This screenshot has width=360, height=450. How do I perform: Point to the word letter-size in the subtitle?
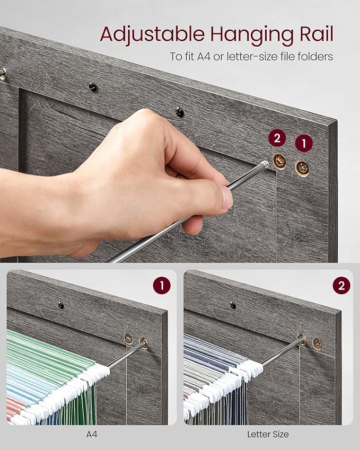tap(260, 56)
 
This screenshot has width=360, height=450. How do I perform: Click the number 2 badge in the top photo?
tap(277, 139)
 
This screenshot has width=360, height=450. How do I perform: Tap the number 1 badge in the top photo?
tap(304, 143)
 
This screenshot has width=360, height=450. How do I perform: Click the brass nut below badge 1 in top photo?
tap(303, 167)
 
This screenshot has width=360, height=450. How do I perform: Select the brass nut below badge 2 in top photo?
tap(279, 161)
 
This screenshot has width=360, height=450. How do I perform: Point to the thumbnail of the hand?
tap(226, 197)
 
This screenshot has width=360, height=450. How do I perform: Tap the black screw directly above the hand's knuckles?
tap(180, 111)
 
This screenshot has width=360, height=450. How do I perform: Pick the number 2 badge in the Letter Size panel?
tap(341, 286)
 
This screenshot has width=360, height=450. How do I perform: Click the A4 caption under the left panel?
tap(91, 434)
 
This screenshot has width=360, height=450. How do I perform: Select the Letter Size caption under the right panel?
tap(268, 434)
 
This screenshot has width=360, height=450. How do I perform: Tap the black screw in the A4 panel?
tap(61, 305)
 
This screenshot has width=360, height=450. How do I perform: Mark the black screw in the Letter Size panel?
tap(233, 305)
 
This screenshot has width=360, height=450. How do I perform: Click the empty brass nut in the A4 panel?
tap(128, 338)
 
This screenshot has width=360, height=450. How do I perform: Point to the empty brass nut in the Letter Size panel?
tap(317, 343)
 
